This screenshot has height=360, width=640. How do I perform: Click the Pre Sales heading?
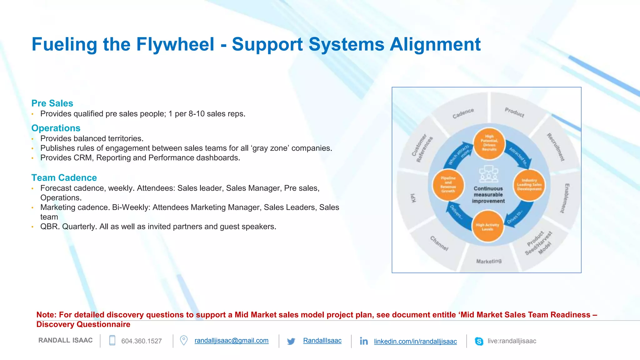[x=52, y=103]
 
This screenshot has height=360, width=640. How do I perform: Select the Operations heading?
[x=56, y=128]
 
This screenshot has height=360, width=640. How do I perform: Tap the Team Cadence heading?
[x=64, y=178]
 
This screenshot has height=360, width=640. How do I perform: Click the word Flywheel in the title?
[x=175, y=44]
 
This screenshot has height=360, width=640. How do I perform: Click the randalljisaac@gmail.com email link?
[x=231, y=341]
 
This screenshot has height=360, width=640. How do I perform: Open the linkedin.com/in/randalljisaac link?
[x=415, y=341]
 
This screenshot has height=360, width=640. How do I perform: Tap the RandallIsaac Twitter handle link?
[x=322, y=341]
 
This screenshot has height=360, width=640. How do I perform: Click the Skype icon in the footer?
[x=479, y=341]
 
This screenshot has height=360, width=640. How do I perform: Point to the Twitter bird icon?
[x=291, y=341]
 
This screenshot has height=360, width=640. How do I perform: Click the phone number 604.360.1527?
[x=141, y=341]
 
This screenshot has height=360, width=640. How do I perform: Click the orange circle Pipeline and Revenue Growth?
[x=448, y=185]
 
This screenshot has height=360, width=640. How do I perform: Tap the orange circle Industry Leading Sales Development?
[x=529, y=185]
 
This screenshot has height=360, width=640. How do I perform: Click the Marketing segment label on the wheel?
[x=489, y=261]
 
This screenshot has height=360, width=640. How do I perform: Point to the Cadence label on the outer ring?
[x=463, y=113]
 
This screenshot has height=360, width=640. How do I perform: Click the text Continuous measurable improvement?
[x=488, y=195]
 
